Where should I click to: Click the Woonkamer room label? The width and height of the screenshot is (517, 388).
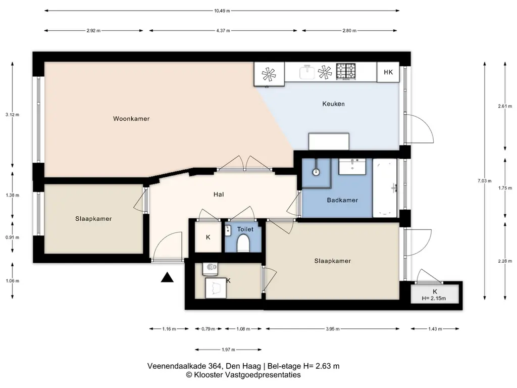pos(131,119)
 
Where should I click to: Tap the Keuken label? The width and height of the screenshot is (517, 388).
pos(333,104)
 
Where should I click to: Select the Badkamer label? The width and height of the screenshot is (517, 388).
pos(342,200)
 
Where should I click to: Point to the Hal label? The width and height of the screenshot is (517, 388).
pos(219,195)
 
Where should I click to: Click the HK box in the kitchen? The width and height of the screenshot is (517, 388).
pos(388,72)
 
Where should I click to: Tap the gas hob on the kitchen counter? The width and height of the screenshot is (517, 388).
pos(346,71)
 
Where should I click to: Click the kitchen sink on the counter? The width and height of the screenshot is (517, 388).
pos(307,72)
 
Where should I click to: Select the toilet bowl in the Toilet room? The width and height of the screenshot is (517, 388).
pos(243,243)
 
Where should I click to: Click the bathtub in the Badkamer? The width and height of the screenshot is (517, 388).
pos(385,188)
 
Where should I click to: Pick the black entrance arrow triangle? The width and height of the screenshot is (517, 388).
pos(167,278)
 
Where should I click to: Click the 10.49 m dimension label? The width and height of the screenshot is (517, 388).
pos(222,11)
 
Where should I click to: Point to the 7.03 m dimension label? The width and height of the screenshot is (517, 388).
pos(484,181)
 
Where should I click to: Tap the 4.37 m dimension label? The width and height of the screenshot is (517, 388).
pos(223,31)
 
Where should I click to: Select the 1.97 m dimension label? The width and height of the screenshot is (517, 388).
pos(228,350)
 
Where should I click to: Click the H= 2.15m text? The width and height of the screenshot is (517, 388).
pos(434,299)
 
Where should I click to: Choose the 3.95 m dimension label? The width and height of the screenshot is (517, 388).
pos(332,329)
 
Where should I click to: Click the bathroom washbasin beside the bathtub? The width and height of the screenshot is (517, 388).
pos(352,167)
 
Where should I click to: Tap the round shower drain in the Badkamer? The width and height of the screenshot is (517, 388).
pos(316,172)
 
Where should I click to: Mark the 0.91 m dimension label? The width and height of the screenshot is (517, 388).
pos(12,237)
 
